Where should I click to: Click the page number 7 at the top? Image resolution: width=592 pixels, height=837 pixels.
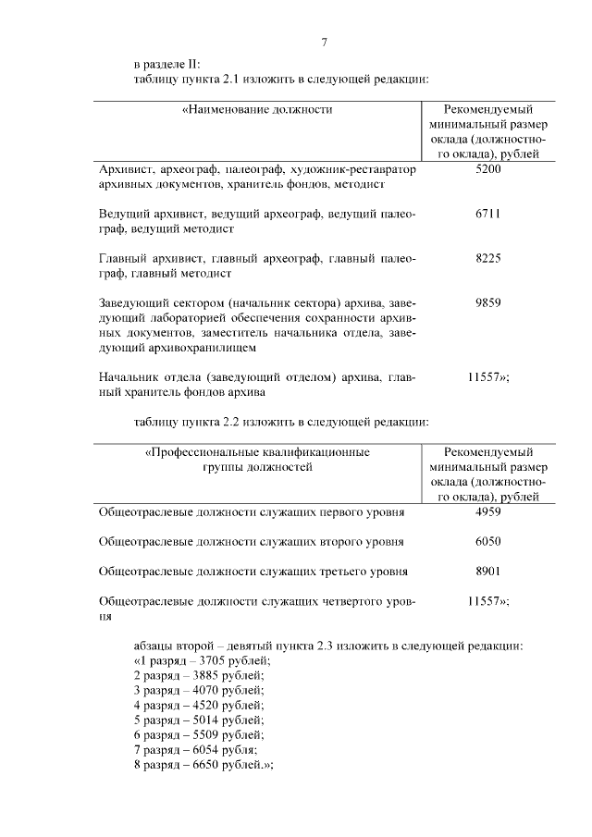click(x=325, y=42)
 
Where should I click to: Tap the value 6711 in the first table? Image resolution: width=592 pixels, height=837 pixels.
click(x=487, y=215)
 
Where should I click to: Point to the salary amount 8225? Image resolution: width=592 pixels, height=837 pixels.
click(x=487, y=259)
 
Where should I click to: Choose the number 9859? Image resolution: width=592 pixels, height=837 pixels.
click(x=487, y=303)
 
